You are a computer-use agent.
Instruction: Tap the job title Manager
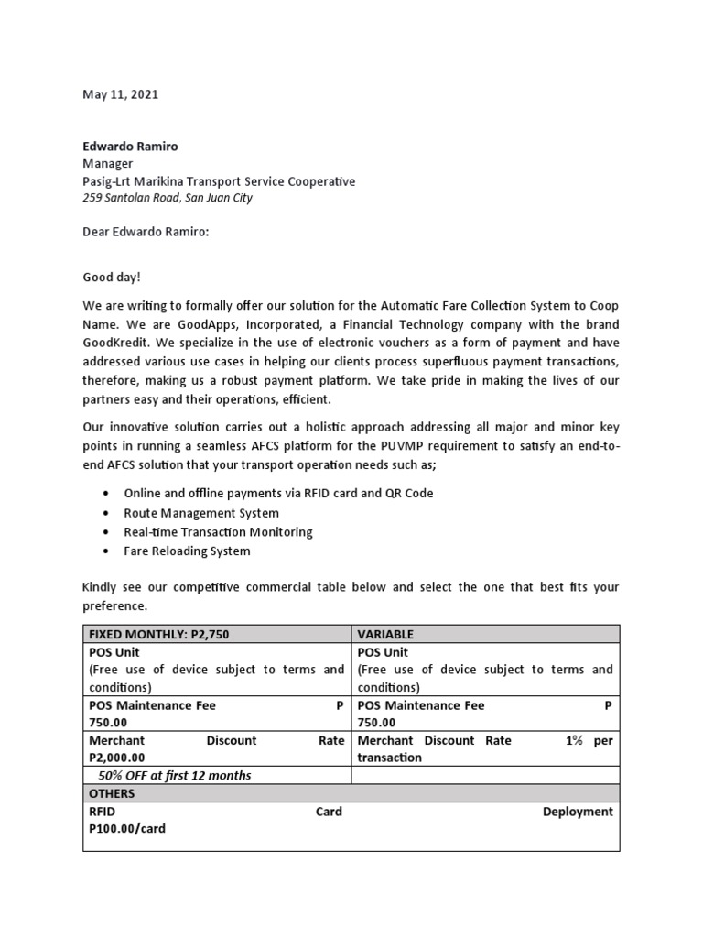(108, 163)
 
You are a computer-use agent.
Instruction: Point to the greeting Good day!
(113, 274)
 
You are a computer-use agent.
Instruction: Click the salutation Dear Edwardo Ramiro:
(146, 232)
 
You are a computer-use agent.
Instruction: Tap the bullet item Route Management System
(201, 513)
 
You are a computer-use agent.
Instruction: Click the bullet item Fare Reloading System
(187, 551)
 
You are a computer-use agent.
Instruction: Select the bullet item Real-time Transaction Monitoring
(218, 532)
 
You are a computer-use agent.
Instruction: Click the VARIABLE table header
(385, 634)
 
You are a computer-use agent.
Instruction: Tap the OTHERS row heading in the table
(112, 793)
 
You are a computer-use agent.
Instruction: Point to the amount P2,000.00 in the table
(116, 758)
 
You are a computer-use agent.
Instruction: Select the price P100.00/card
(127, 828)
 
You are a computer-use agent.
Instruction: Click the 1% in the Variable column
(574, 740)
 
